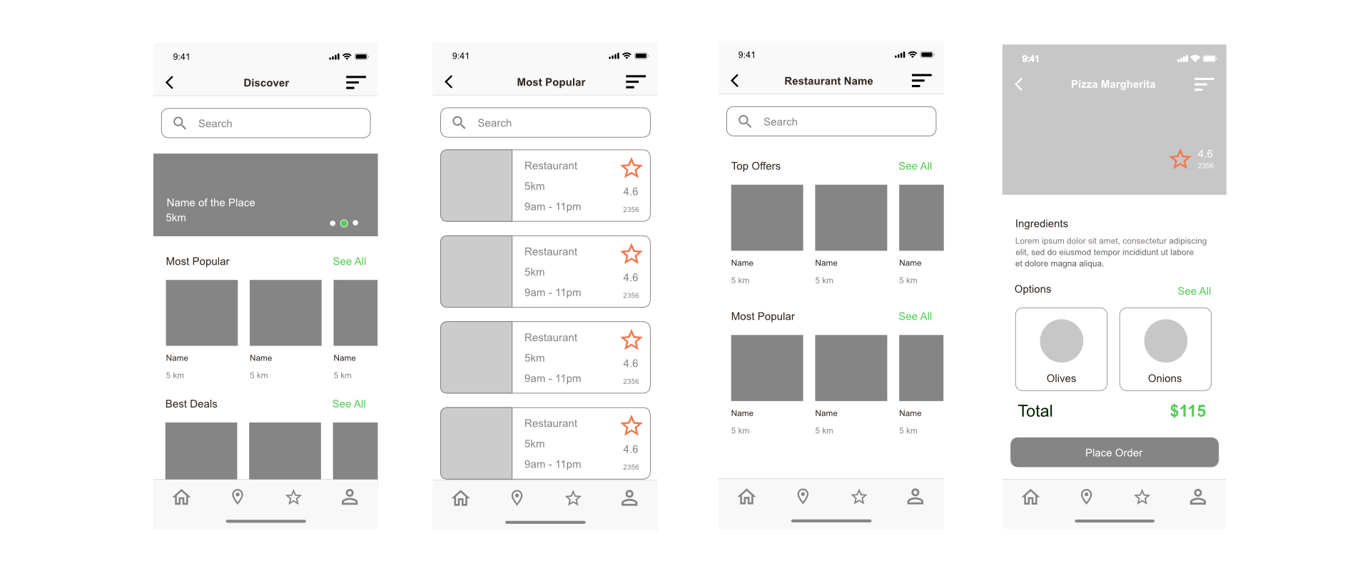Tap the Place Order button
coord(1114,453)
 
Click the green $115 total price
coord(1187,411)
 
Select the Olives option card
coord(1061,349)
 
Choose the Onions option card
coord(1165,349)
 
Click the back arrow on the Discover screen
coord(170,83)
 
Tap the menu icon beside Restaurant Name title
coord(921,81)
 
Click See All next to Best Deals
coord(349,404)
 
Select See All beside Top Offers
coord(915,166)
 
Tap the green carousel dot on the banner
coord(344,223)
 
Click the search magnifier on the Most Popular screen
coord(460,123)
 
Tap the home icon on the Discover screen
coord(182,497)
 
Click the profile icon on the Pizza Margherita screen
coord(1198,497)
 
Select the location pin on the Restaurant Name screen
coord(803,497)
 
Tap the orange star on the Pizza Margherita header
coord(1180,159)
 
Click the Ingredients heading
coord(1041,224)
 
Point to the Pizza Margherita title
coord(1112,84)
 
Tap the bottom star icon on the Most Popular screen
coord(573,498)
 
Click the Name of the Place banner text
coord(210,203)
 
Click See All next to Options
coord(1194,291)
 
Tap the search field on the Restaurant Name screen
coord(831,121)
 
